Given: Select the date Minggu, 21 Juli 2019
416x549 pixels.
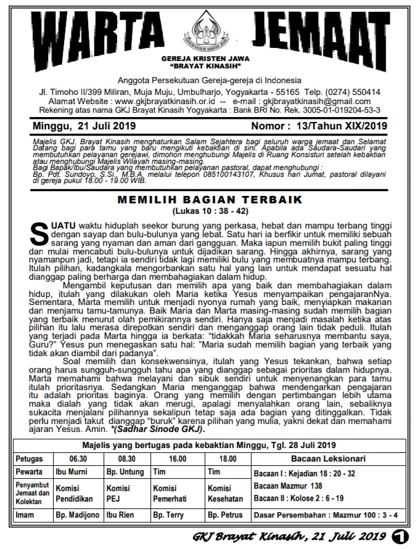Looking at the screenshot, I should pos(76,126).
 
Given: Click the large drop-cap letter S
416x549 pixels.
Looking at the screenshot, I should pos(39,234).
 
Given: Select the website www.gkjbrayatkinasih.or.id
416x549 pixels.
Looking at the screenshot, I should pos(165,101).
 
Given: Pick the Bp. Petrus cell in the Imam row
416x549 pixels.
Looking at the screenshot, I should pos(226,514).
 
